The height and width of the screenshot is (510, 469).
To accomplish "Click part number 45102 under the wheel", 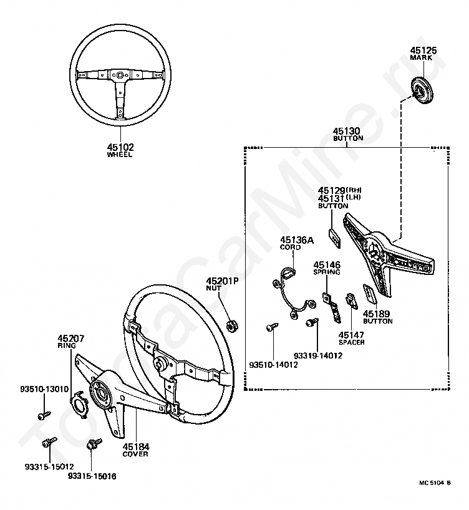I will [x=120, y=147].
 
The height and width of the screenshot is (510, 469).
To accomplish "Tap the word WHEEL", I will [x=120, y=155].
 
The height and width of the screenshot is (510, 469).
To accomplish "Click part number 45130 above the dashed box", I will [x=347, y=131].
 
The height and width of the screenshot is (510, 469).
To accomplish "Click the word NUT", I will [x=222, y=289].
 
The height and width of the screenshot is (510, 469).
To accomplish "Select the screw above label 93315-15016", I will [x=95, y=444].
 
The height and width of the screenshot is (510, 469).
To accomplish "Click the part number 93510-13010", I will [x=42, y=388].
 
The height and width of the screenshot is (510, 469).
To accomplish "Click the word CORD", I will [x=290, y=247].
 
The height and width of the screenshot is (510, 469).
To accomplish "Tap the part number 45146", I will [x=327, y=264].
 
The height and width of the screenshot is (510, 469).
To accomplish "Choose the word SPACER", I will [x=351, y=342].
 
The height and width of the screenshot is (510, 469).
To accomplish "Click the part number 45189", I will [x=377, y=314].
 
